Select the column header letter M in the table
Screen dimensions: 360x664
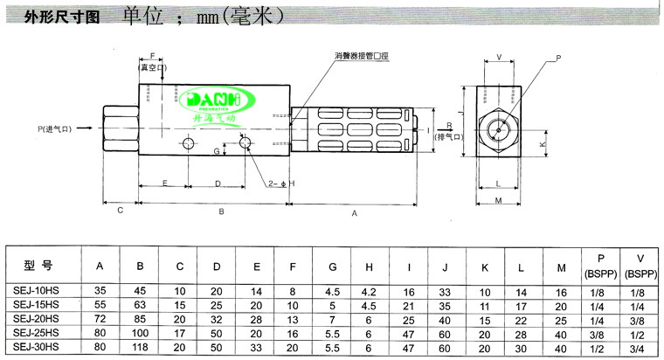(x=560, y=267)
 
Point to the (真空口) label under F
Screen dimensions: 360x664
(x=153, y=66)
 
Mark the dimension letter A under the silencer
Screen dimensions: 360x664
(x=354, y=212)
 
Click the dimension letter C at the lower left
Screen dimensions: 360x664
(x=120, y=210)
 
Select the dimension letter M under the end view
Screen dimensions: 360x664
(x=495, y=202)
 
